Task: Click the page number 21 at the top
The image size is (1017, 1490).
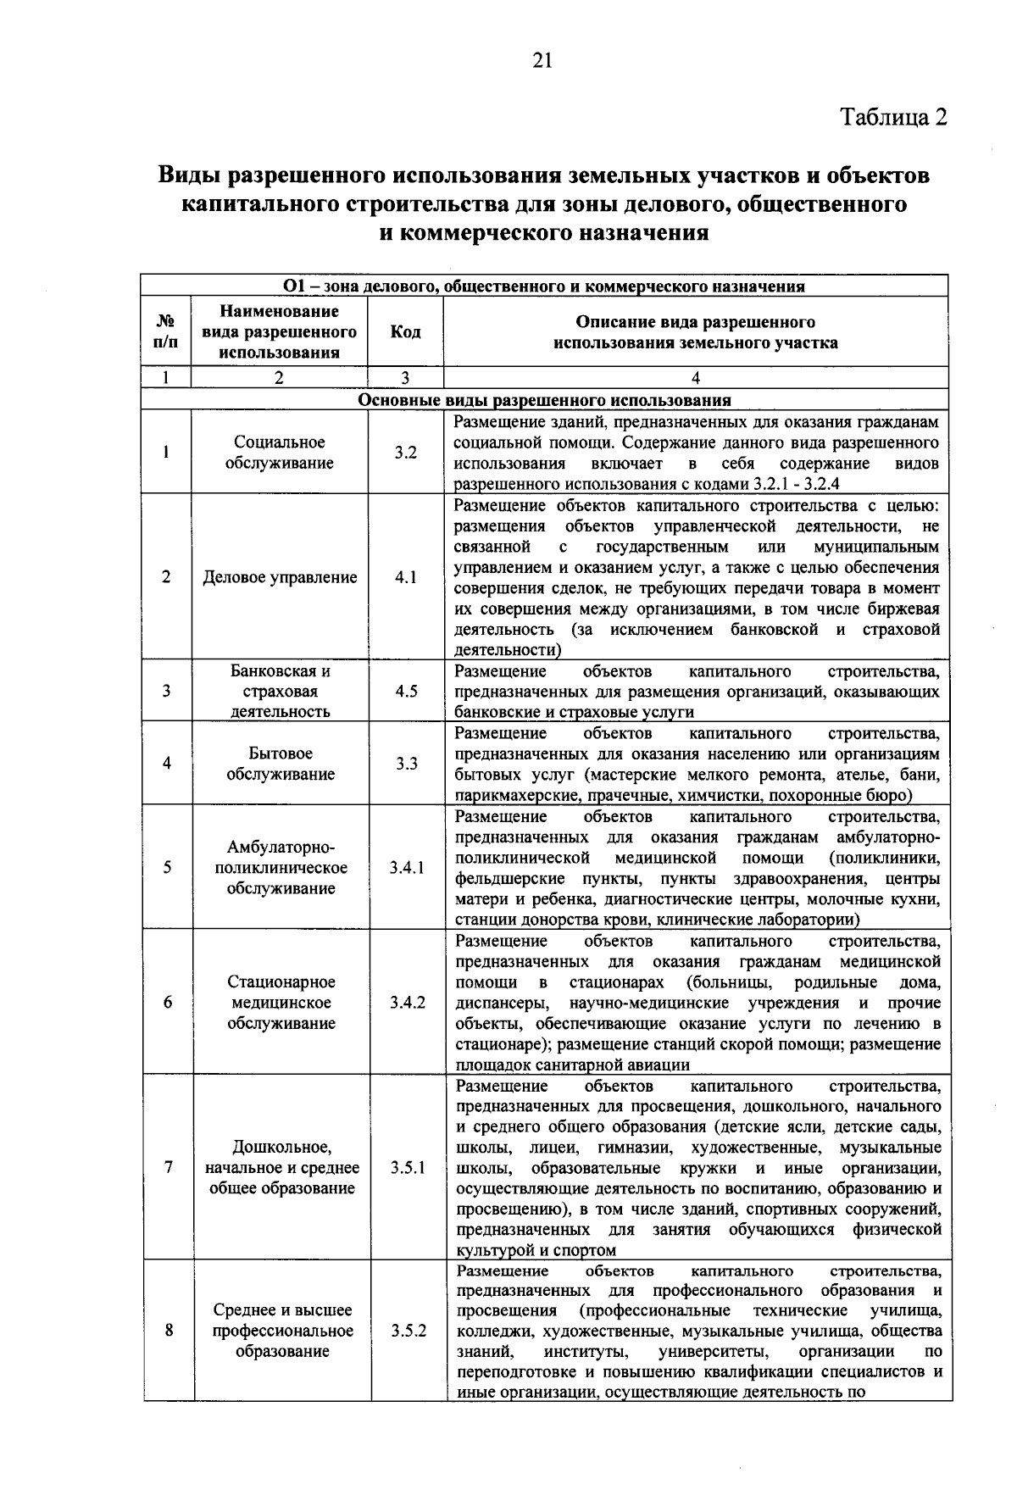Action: (542, 59)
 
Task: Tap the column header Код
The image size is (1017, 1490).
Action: (405, 331)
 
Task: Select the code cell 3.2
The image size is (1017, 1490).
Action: (405, 453)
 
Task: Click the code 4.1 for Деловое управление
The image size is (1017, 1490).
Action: (406, 577)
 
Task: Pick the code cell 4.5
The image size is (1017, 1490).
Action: (406, 691)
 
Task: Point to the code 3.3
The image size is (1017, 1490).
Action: (406, 764)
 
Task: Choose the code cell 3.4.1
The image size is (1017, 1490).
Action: (407, 868)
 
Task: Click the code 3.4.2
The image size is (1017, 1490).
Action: (408, 1003)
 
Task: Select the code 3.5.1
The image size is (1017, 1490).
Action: (408, 1168)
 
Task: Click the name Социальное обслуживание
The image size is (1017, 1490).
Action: (280, 453)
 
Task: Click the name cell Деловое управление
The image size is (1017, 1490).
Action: (280, 577)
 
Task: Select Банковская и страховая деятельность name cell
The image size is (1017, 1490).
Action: (280, 691)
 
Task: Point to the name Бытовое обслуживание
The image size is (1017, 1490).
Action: (280, 764)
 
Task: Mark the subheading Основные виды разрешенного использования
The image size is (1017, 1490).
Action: (544, 400)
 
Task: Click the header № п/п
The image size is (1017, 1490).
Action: (166, 331)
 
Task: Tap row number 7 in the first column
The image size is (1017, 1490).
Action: (168, 1168)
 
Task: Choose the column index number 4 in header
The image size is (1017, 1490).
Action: (695, 378)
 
